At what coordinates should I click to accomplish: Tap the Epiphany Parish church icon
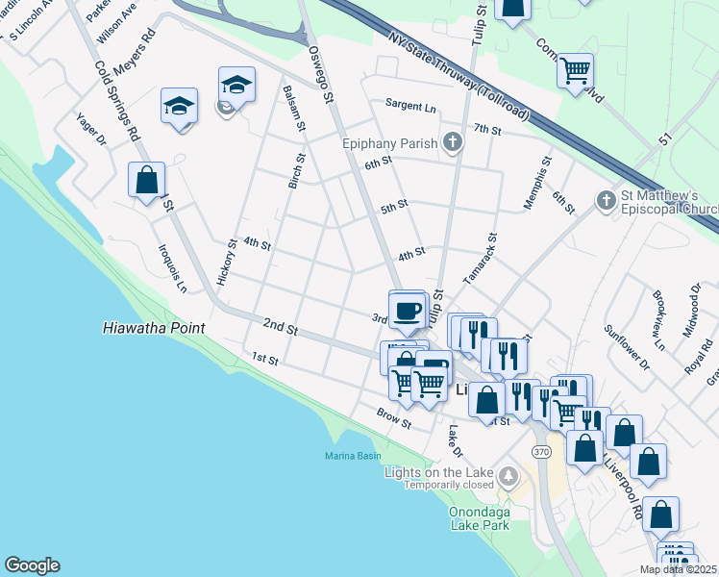pyautogui.click(x=453, y=144)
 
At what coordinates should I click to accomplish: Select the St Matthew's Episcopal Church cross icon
pyautogui.click(x=606, y=200)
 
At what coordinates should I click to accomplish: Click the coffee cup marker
pyautogui.click(x=409, y=310)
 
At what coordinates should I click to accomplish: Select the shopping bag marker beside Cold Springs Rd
pyautogui.click(x=146, y=179)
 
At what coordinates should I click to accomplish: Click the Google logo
pyautogui.click(x=32, y=565)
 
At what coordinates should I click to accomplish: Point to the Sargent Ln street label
pyautogui.click(x=410, y=104)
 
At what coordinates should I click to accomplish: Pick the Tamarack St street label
pyautogui.click(x=480, y=258)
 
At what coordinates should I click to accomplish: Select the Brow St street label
pyautogui.click(x=394, y=419)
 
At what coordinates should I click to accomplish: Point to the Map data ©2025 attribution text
pyautogui.click(x=677, y=569)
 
